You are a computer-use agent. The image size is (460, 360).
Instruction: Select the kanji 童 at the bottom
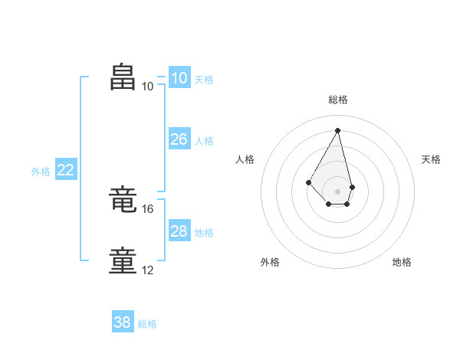click(123, 260)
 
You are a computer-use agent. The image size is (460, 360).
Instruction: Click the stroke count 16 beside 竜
click(148, 208)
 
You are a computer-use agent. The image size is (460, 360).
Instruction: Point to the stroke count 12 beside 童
click(148, 270)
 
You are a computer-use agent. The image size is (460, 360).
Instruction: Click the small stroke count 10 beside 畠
click(148, 86)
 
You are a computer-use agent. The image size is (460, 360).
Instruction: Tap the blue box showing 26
click(179, 139)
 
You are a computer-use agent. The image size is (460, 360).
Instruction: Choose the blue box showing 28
click(179, 231)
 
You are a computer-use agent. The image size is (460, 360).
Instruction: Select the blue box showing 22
click(65, 171)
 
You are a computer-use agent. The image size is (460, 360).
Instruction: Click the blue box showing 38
click(123, 322)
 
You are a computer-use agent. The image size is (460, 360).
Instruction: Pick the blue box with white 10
click(179, 78)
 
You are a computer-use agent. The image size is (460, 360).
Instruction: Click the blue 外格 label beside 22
click(41, 172)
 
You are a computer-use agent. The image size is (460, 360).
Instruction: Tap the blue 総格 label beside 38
click(147, 324)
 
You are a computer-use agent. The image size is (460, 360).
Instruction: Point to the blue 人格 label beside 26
click(204, 141)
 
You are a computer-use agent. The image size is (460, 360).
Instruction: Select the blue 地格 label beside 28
click(204, 233)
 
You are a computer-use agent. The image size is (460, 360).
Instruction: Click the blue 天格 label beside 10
click(204, 80)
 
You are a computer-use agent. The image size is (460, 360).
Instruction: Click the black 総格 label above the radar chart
click(338, 100)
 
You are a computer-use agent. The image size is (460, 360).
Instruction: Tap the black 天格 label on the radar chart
click(432, 159)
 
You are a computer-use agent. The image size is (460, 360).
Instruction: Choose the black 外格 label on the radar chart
click(270, 262)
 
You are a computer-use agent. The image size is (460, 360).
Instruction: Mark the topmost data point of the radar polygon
click(338, 129)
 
